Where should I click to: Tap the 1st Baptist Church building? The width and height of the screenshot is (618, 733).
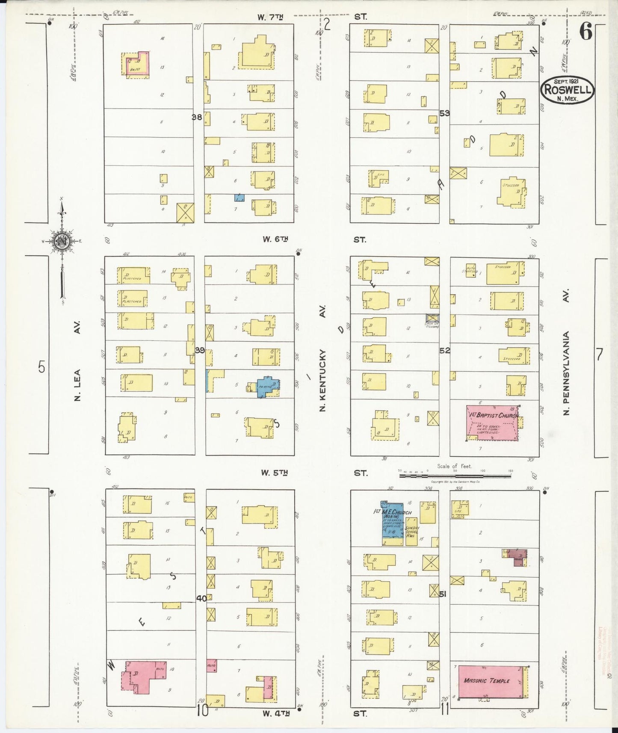tap(492, 423)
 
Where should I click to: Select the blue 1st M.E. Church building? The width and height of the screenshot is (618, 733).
tap(392, 521)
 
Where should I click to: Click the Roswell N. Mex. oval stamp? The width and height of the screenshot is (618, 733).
tap(567, 90)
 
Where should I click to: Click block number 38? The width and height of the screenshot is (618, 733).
tap(197, 116)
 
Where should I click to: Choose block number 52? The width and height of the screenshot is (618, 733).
tap(445, 350)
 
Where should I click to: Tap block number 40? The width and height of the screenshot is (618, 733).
tap(201, 598)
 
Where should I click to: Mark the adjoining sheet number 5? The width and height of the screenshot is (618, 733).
tap(41, 366)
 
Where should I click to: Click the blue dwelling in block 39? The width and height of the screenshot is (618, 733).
tap(267, 386)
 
